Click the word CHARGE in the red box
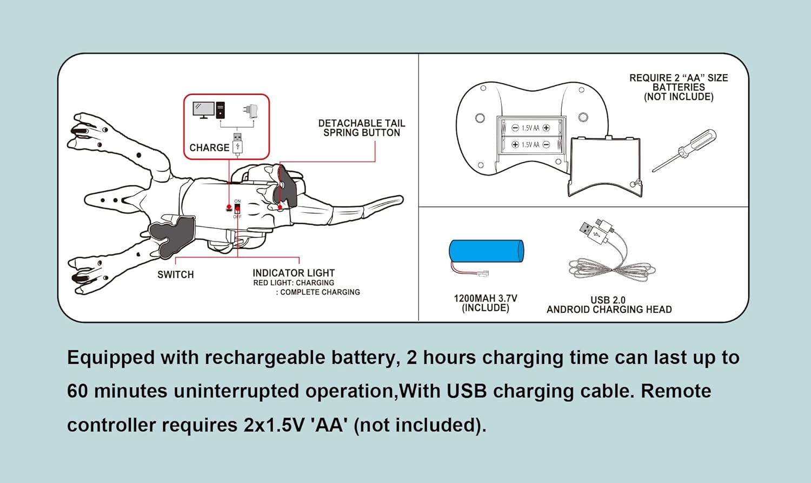pyautogui.click(x=209, y=147)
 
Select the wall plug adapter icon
pyautogui.click(x=250, y=111)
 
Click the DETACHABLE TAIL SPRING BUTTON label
pyautogui.click(x=362, y=128)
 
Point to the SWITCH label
pyautogui.click(x=175, y=274)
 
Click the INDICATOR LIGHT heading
pyautogui.click(x=294, y=273)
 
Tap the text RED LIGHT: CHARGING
pyautogui.click(x=294, y=283)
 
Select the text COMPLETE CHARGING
pyautogui.click(x=320, y=292)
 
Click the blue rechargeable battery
pyautogui.click(x=486, y=251)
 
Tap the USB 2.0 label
pyautogui.click(x=608, y=300)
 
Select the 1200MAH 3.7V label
pyautogui.click(x=485, y=298)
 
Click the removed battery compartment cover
pyautogui.click(x=605, y=166)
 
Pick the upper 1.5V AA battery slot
pyautogui.click(x=531, y=128)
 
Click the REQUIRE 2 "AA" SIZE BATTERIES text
pyautogui.click(x=679, y=87)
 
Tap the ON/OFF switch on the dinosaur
pyautogui.click(x=237, y=209)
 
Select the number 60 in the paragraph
pyautogui.click(x=77, y=391)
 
